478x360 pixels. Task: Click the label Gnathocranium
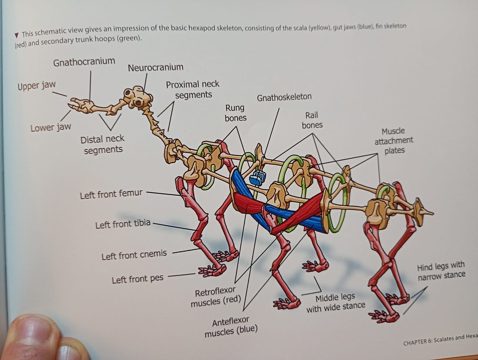click(84, 62)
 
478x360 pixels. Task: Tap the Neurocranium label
click(155, 68)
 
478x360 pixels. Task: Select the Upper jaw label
click(36, 86)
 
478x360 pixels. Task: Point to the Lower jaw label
click(51, 127)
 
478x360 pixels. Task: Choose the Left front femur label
click(111, 194)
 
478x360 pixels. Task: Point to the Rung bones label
click(235, 113)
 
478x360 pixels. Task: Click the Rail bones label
click(312, 120)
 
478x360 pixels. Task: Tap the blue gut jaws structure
click(256, 178)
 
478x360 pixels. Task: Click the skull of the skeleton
click(137, 97)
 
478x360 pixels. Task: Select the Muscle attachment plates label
click(394, 141)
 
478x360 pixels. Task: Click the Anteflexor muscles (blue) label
click(231, 326)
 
